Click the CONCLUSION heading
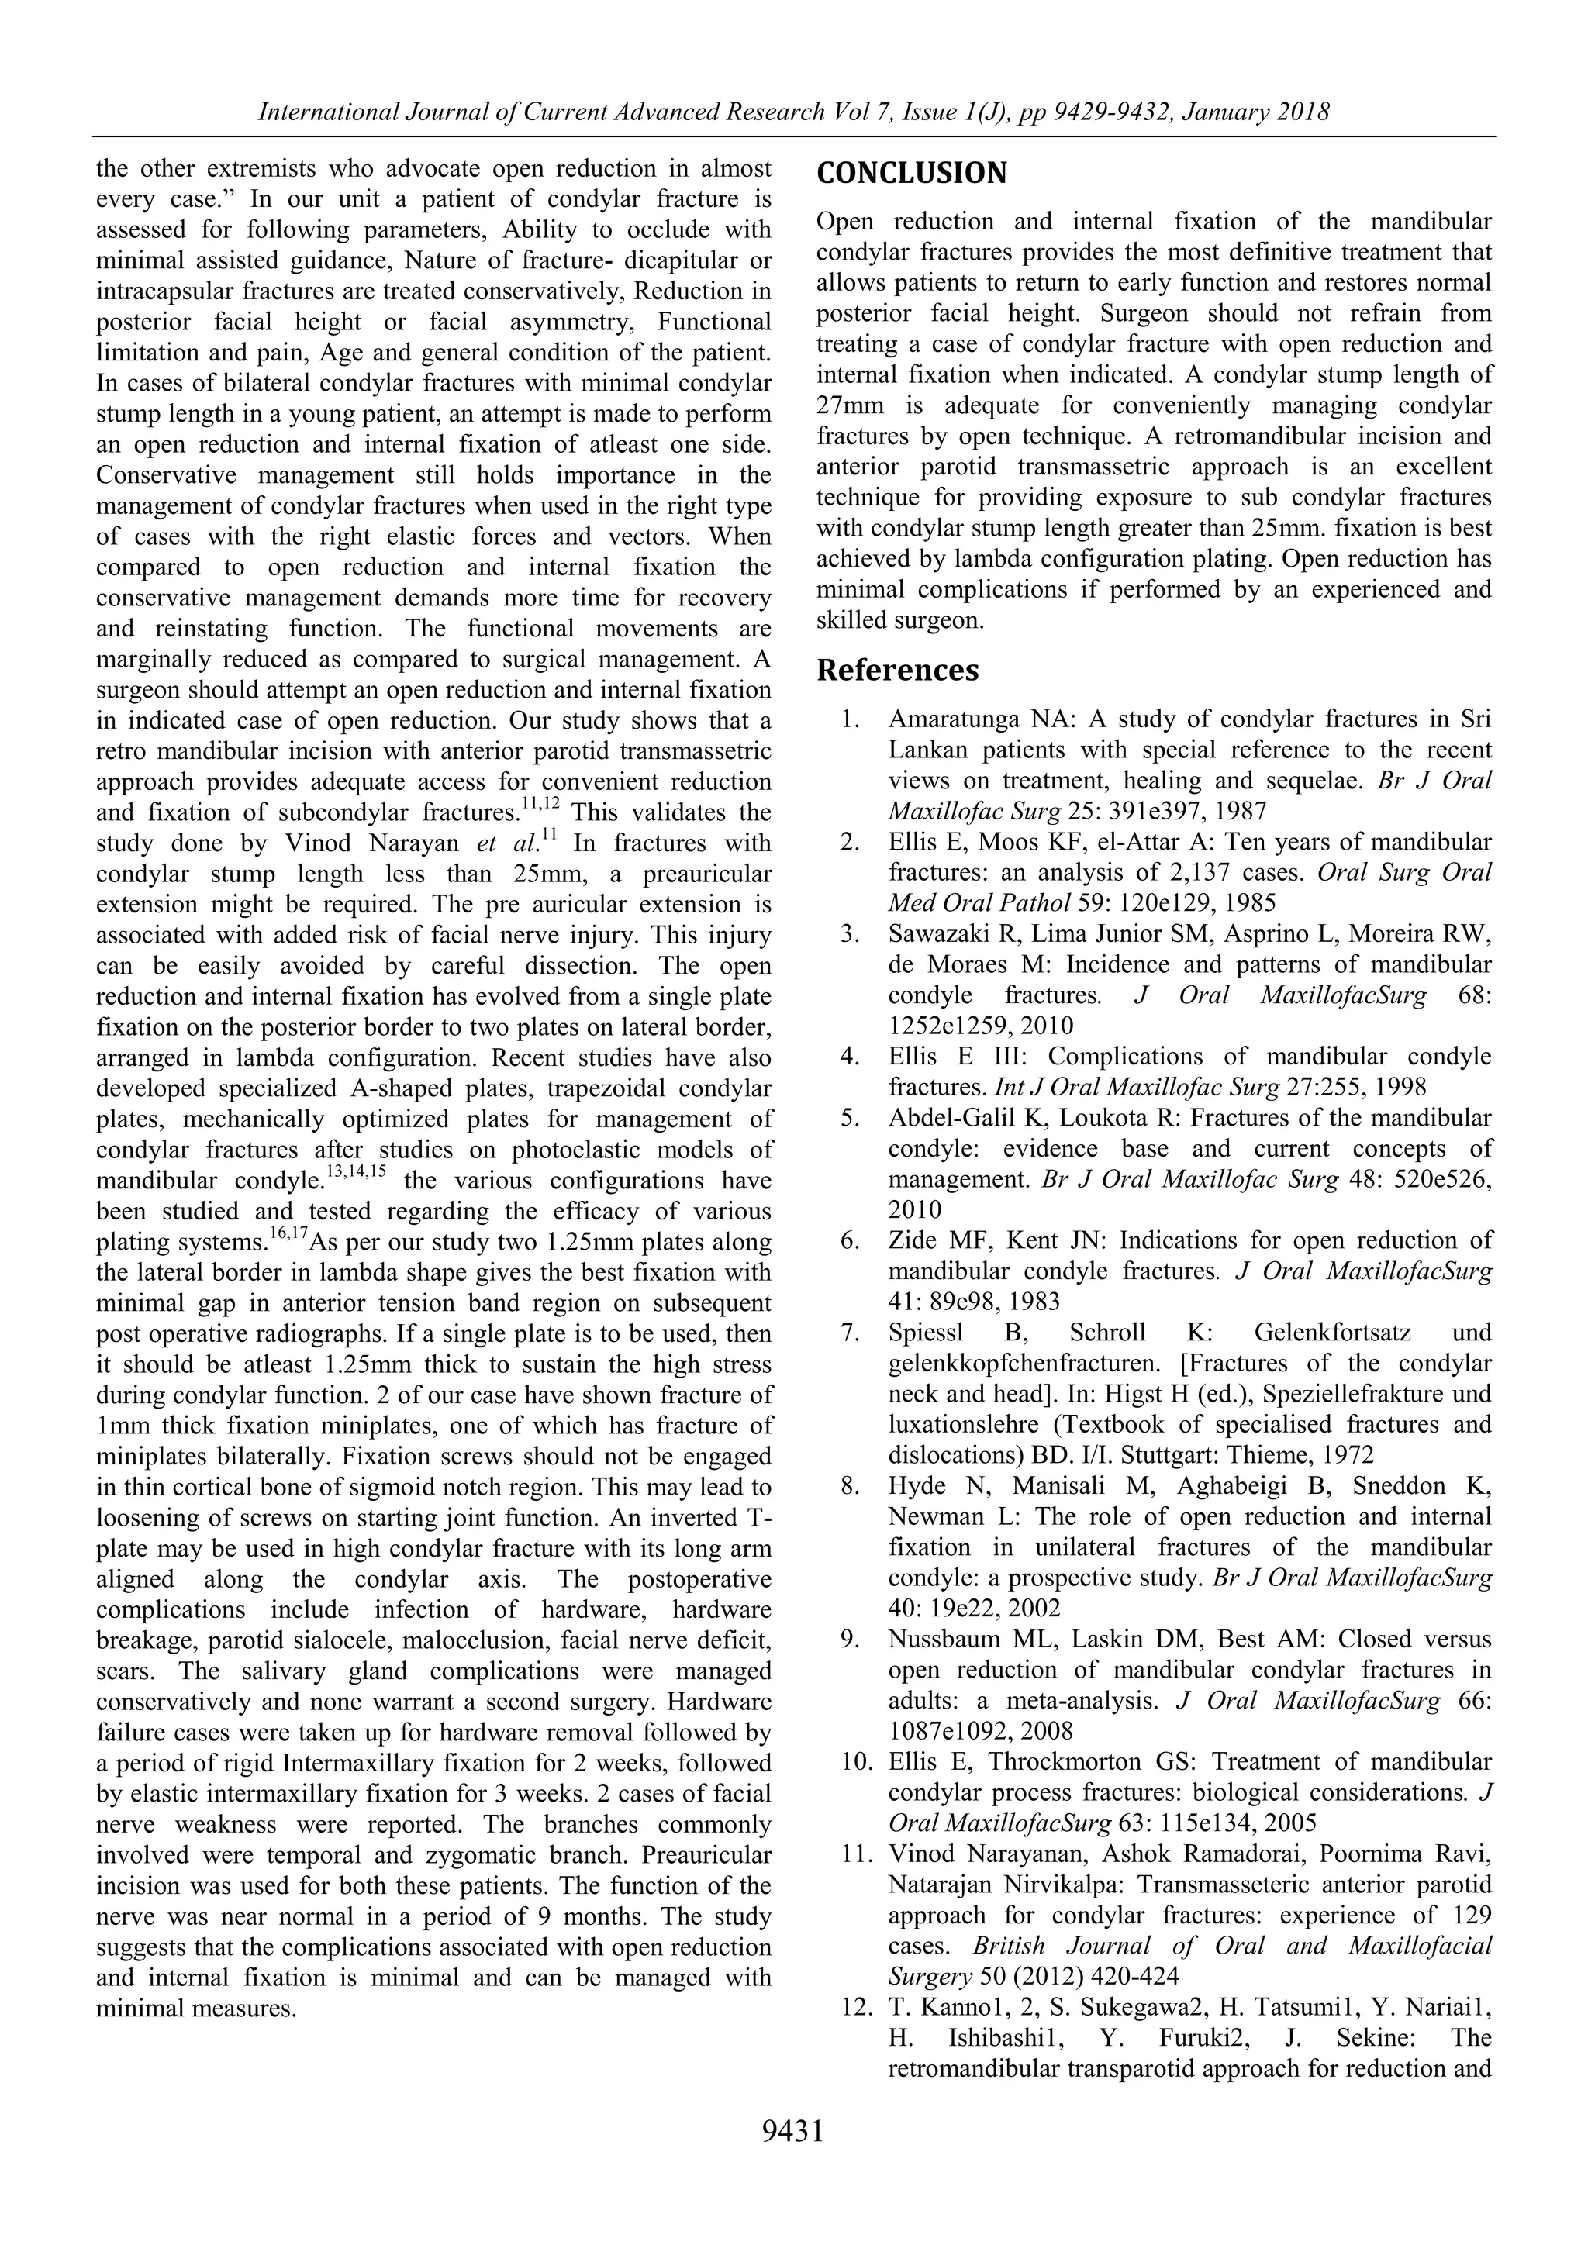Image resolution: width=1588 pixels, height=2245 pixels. (910, 174)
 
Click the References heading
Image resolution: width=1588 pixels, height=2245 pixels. (896, 671)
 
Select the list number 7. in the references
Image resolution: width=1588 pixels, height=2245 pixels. (851, 1333)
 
